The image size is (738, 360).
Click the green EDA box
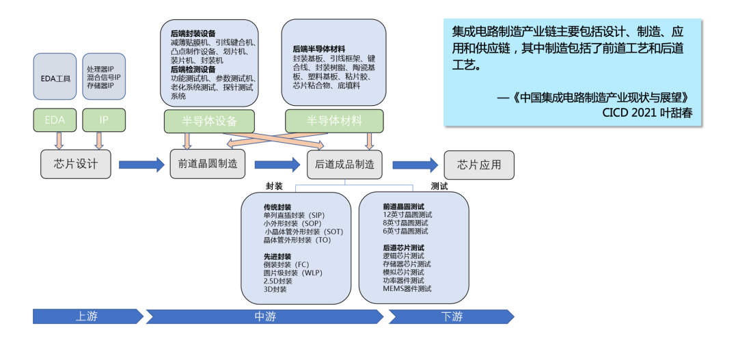point(55,120)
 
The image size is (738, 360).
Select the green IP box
point(104,120)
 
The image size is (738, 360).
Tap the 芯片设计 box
point(76,165)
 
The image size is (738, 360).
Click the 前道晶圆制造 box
point(208,165)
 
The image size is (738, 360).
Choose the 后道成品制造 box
point(344,165)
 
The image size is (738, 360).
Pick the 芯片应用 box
point(479,165)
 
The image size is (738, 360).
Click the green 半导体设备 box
point(208,121)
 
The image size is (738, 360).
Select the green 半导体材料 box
point(334,121)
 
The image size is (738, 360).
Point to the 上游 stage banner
point(87,316)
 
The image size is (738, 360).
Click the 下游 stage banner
point(451,316)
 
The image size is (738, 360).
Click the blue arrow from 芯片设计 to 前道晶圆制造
point(142,165)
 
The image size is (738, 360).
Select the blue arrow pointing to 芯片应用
point(415,165)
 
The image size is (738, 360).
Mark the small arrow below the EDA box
point(58,140)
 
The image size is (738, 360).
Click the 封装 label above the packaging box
point(274,186)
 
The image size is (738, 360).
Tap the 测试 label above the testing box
point(439,186)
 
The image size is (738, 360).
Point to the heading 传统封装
point(277,206)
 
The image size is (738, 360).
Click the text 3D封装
point(275,289)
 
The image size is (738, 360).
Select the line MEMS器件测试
point(407,289)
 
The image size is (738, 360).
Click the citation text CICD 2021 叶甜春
point(647,113)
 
